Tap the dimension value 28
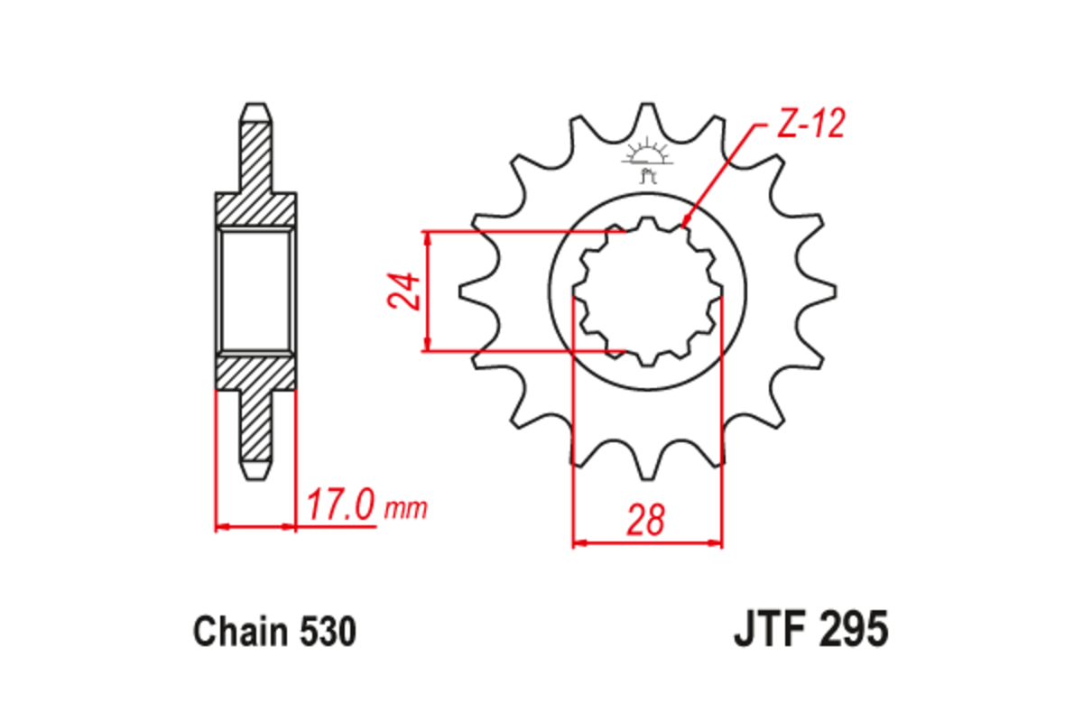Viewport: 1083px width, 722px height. point(647,521)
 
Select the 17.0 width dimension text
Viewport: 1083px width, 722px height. point(340,505)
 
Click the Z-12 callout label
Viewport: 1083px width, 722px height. point(810,125)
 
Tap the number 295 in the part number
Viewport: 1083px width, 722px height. point(852,629)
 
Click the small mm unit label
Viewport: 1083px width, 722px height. point(405,510)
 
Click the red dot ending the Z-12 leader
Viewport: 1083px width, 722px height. point(686,220)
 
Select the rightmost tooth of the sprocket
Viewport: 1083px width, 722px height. point(823,291)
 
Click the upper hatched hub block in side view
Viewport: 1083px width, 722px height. point(255,209)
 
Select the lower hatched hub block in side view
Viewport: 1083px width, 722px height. point(255,372)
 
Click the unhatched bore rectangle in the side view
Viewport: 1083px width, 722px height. point(255,291)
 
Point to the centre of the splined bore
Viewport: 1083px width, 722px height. point(647,291)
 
